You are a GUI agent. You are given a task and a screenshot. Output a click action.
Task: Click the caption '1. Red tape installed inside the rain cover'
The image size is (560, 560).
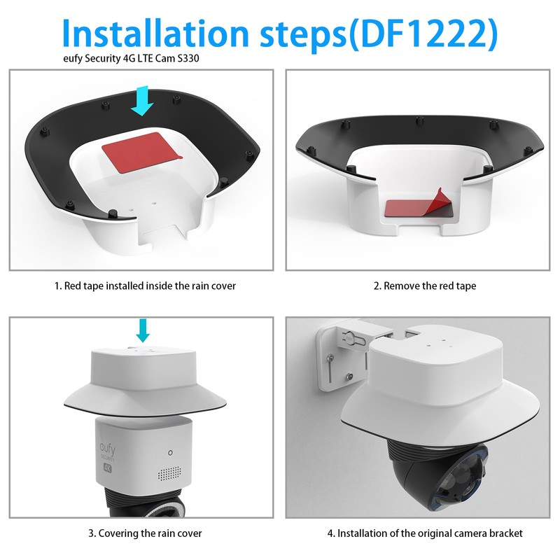click(145, 286)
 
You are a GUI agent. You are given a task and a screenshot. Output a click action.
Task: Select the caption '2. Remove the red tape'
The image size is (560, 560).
click(424, 286)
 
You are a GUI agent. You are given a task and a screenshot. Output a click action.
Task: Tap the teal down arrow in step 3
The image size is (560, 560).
click(142, 328)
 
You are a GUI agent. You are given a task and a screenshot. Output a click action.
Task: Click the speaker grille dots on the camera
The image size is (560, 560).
click(166, 474)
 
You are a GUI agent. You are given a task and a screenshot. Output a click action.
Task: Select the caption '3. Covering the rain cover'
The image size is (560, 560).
click(145, 533)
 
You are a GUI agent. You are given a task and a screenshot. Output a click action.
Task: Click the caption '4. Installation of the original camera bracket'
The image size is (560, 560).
click(425, 533)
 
